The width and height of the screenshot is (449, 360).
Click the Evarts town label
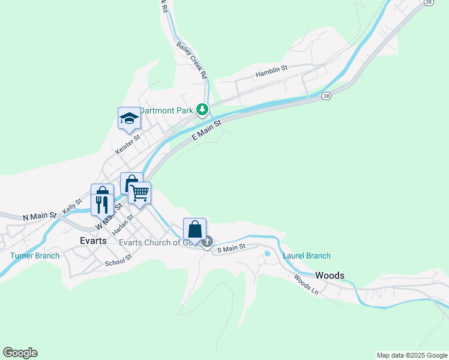pyautogui.click(x=93, y=240)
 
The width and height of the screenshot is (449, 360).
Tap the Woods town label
pyautogui.click(x=330, y=275)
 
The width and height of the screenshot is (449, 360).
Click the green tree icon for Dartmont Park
pyautogui.click(x=203, y=109)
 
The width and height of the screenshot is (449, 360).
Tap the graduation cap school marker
pyautogui.click(x=128, y=118)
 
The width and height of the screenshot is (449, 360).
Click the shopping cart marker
pyautogui.click(x=139, y=193)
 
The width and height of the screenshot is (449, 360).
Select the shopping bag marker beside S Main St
pyautogui.click(x=195, y=229)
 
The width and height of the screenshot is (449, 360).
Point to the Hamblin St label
pyautogui.click(x=271, y=72)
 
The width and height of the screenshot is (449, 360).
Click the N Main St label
pyautogui.click(x=40, y=215)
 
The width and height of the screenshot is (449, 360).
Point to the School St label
pyautogui.click(x=118, y=260)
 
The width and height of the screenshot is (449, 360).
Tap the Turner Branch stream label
pyautogui.click(x=35, y=256)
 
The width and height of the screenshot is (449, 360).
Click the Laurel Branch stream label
pyautogui.click(x=306, y=256)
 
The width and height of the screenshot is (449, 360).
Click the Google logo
pyautogui.click(x=20, y=353)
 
